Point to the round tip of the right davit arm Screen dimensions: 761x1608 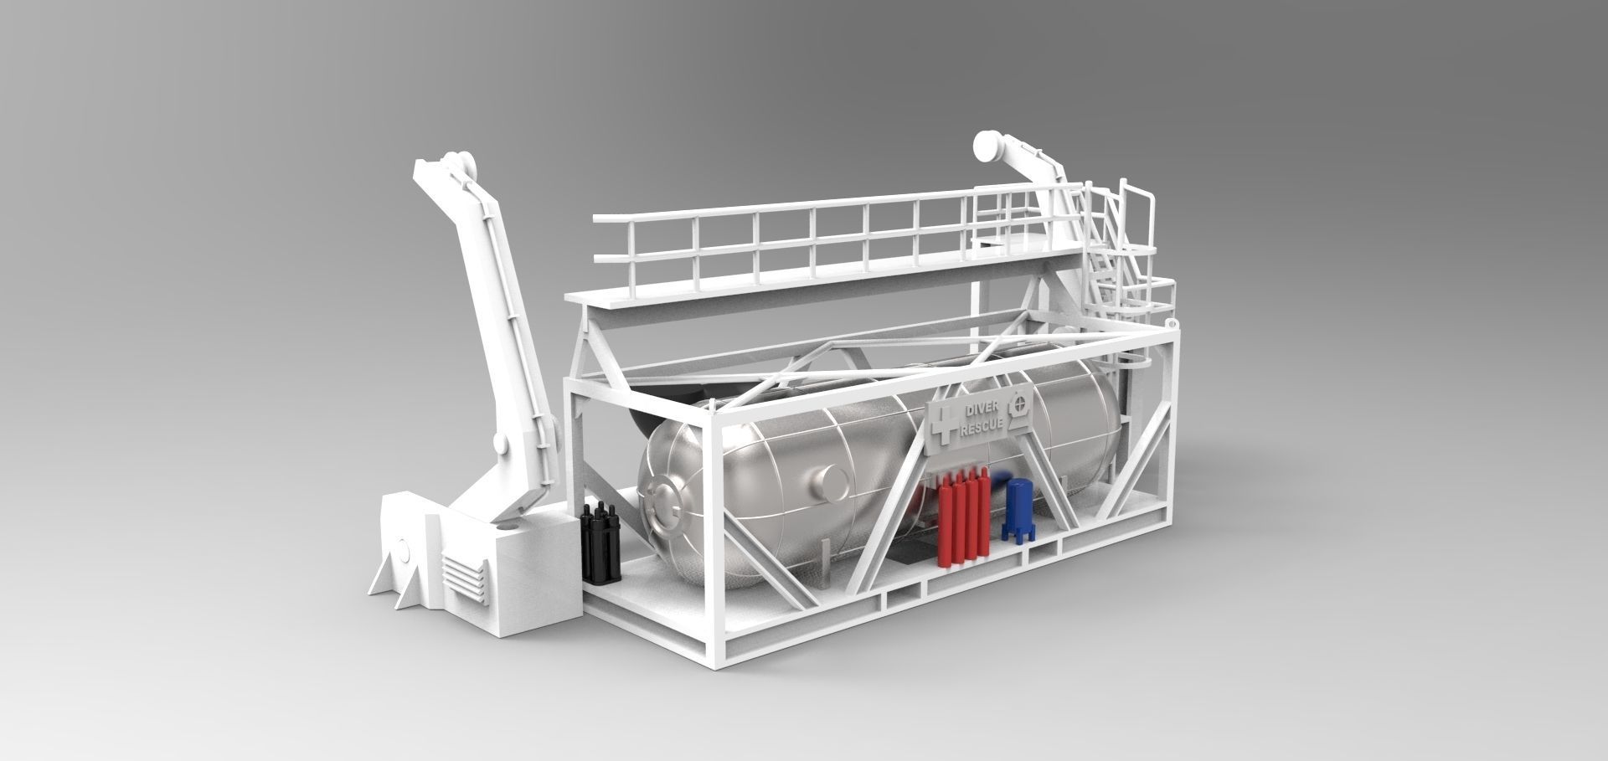[987, 150]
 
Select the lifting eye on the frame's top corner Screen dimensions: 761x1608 [1169, 320]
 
